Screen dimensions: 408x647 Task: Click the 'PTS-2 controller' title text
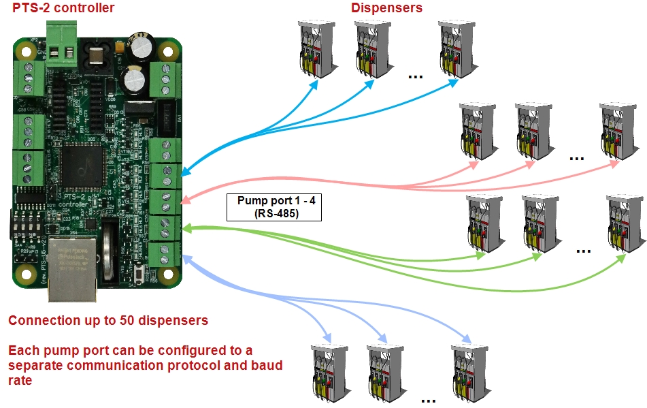64,8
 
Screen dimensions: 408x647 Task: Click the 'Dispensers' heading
386,8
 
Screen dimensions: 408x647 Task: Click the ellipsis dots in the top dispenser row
416,77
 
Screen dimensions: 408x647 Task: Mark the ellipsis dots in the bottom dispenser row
428,401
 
